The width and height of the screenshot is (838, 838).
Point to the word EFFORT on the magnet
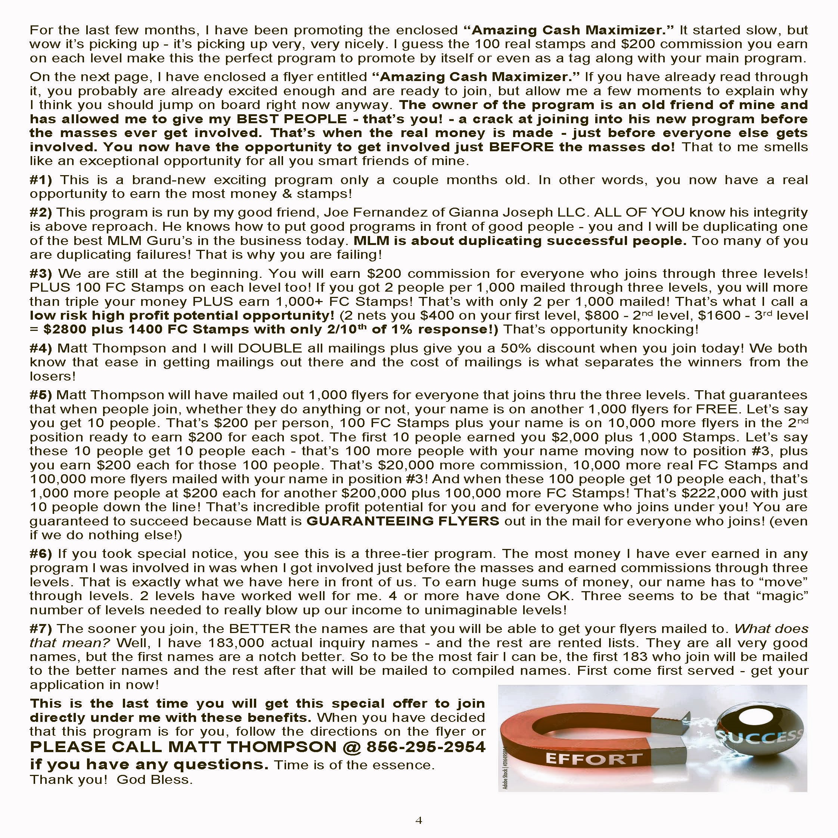(x=593, y=758)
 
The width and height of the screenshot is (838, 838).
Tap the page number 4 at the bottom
(x=419, y=820)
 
